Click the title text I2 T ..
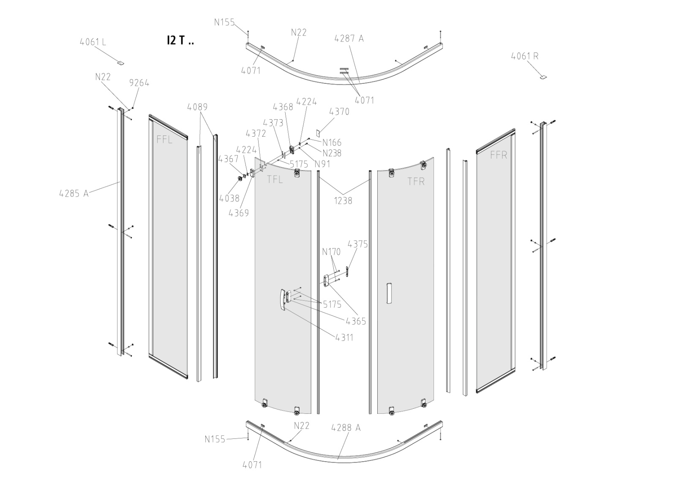click(180, 41)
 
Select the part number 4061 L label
click(93, 42)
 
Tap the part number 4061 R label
click(524, 56)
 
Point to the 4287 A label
click(349, 39)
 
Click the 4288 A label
click(346, 428)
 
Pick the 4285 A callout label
click(74, 194)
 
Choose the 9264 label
click(139, 83)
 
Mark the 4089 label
click(197, 107)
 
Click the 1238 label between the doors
click(343, 201)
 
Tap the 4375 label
click(357, 245)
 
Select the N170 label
click(331, 252)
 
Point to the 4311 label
click(344, 338)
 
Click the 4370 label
click(339, 112)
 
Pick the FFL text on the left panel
click(164, 139)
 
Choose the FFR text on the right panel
click(498, 155)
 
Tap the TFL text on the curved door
click(275, 179)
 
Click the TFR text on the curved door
click(416, 182)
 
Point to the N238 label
click(332, 153)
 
